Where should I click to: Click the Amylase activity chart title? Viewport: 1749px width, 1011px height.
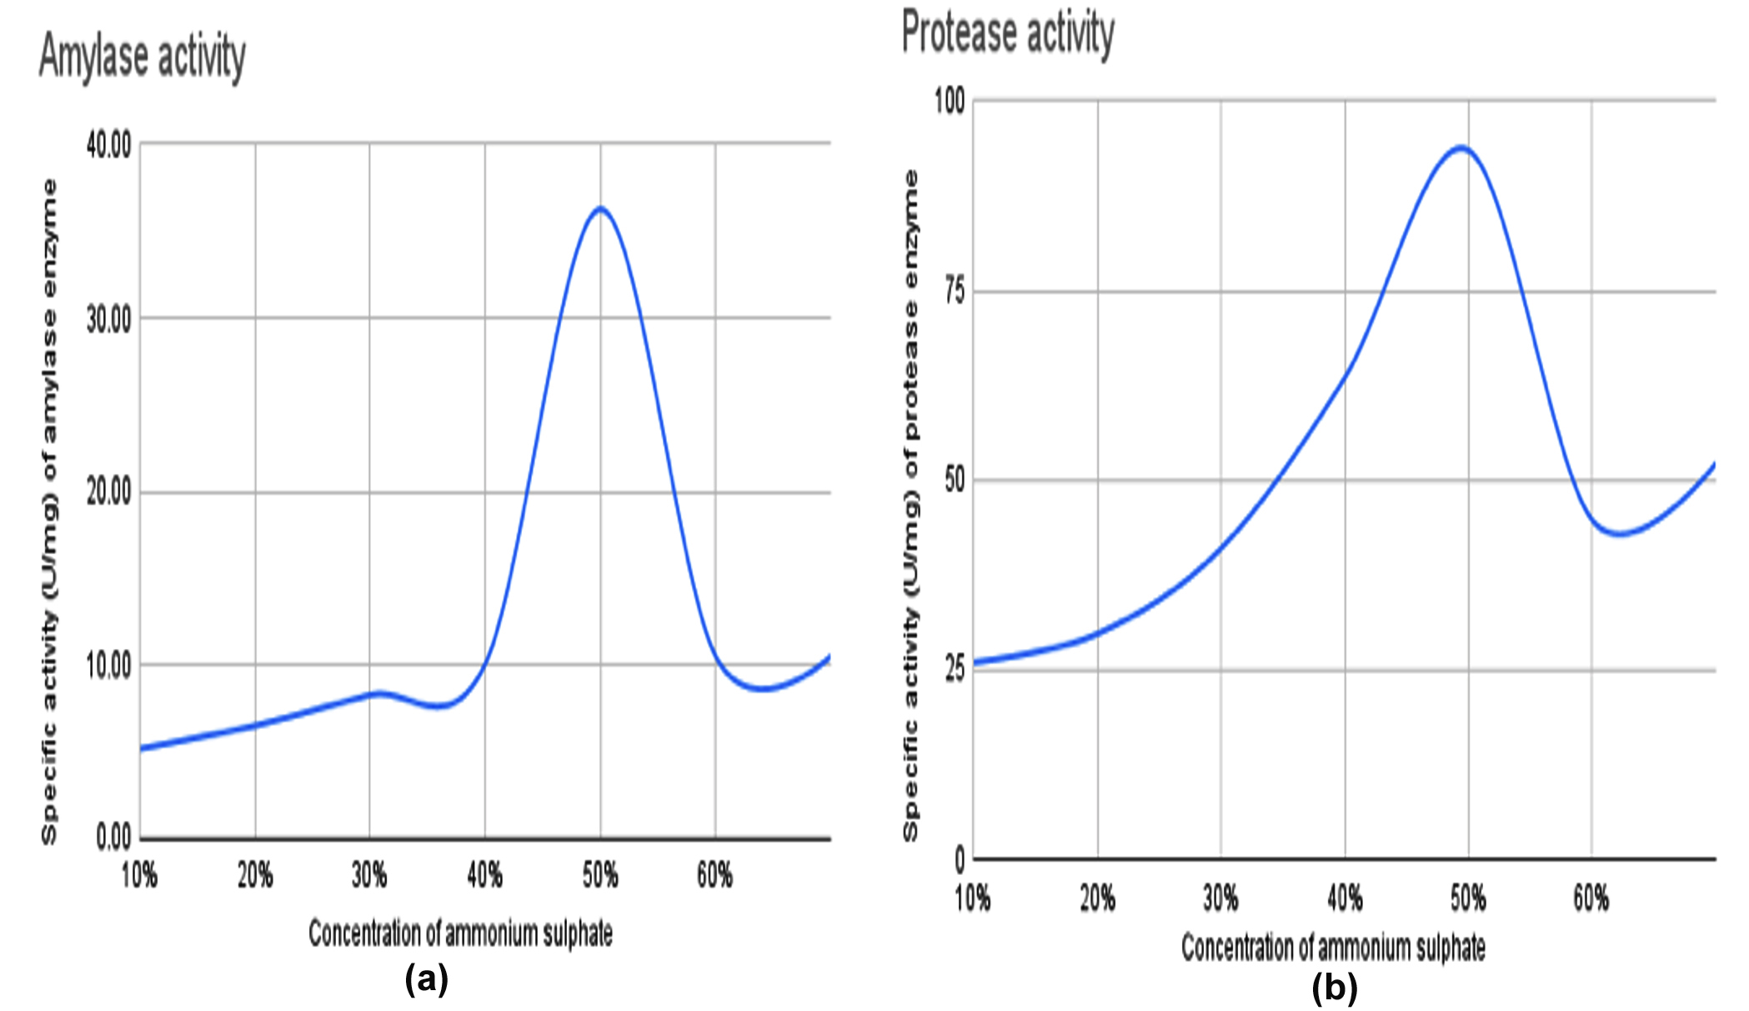pos(143,57)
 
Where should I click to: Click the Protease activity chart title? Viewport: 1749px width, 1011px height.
pos(1008,33)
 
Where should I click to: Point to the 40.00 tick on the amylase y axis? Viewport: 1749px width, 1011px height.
pos(109,145)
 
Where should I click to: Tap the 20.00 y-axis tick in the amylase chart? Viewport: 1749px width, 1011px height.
pos(109,492)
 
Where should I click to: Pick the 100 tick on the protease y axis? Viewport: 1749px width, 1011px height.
pos(950,101)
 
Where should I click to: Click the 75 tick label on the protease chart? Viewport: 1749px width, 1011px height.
pos(955,292)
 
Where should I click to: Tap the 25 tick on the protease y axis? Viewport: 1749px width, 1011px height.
pos(955,670)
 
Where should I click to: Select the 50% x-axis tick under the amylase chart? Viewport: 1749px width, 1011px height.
pos(600,875)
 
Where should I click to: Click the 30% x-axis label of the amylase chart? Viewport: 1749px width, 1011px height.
pos(369,875)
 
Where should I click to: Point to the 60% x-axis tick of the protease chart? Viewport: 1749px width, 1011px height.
pos(1591,898)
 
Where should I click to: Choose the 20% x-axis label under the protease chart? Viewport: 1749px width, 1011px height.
pos(1097,898)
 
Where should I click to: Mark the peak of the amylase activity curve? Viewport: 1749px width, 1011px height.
pos(600,208)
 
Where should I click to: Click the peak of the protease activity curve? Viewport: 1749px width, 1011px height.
pos(1461,148)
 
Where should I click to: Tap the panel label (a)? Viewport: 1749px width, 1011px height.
pos(426,978)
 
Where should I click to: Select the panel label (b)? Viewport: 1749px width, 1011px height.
pos(1334,988)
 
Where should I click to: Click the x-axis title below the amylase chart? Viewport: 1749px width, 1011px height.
pos(460,933)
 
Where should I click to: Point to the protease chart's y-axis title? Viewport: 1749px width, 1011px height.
pos(911,505)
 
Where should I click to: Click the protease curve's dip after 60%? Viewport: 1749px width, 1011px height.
pos(1619,533)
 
